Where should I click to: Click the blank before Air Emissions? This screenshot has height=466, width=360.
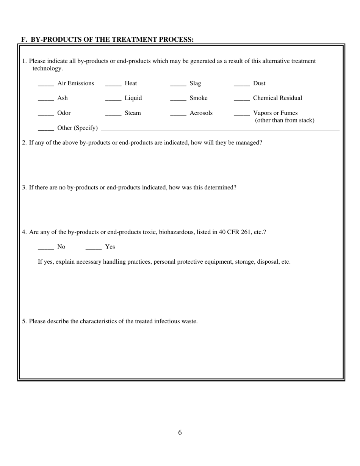pyautogui.click(x=46, y=86)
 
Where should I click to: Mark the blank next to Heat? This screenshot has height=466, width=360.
pyautogui.click(x=113, y=86)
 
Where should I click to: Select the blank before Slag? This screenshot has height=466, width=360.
pyautogui.click(x=178, y=86)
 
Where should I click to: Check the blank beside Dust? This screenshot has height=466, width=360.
pyautogui.click(x=242, y=86)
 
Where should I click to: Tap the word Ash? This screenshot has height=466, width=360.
pyautogui.click(x=63, y=98)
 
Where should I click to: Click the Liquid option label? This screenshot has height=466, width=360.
pyautogui.click(x=133, y=98)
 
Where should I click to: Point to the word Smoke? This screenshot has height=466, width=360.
pyautogui.click(x=199, y=98)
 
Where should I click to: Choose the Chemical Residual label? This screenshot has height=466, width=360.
pyautogui.click(x=277, y=98)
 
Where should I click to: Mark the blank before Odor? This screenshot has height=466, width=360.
pyautogui.click(x=46, y=115)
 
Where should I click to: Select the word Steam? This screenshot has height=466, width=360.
pyautogui.click(x=133, y=113)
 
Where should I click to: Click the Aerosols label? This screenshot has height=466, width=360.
pyautogui.click(x=201, y=113)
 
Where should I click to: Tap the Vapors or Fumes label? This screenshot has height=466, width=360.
pyautogui.click(x=275, y=113)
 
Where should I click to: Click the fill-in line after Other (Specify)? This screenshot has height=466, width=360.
pyautogui.click(x=220, y=130)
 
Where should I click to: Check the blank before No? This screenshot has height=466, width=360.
pyautogui.click(x=46, y=249)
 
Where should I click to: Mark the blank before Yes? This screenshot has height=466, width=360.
pyautogui.click(x=94, y=249)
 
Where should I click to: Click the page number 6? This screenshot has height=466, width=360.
pyautogui.click(x=180, y=433)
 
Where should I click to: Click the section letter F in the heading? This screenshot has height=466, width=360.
pyautogui.click(x=23, y=39)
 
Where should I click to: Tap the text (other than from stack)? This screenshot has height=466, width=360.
pyautogui.click(x=285, y=120)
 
